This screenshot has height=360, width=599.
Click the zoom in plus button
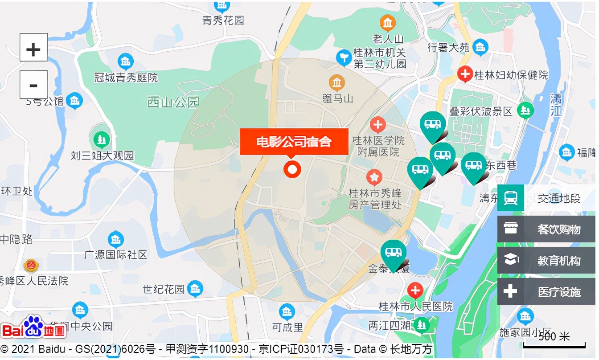coord(33,47)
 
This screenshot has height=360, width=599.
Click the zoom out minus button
coord(33,85)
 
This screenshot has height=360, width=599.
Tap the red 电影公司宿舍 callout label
coord(294,142)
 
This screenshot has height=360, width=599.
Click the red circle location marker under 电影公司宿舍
coord(292,169)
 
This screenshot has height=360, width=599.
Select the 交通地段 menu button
coord(546,198)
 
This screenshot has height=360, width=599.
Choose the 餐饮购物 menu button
coord(546,229)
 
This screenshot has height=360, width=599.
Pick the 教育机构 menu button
coord(546,260)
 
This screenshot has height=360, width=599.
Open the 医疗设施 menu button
coord(546,291)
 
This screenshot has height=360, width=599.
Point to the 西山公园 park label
coord(173,102)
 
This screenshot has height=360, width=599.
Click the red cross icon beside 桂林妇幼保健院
coord(465,74)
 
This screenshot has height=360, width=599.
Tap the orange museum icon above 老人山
coord(387,23)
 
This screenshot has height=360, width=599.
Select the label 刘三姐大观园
coord(103,156)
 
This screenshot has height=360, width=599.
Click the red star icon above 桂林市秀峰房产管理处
coord(374,177)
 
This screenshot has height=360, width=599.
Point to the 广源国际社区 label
coord(116,255)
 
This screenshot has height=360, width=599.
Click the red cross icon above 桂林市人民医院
coord(415,291)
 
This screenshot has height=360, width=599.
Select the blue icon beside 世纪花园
coord(195,289)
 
